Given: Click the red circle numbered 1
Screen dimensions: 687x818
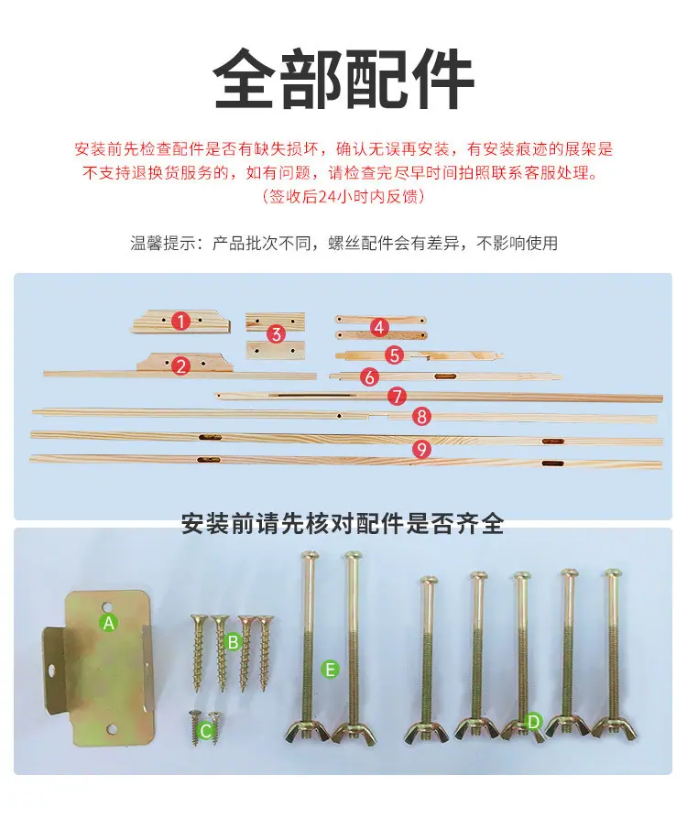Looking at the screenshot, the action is (180, 321).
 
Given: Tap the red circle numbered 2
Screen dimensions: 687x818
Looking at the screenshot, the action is (181, 365).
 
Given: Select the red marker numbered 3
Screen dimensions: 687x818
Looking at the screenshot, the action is (276, 333).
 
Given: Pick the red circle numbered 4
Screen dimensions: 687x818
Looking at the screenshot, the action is (379, 327).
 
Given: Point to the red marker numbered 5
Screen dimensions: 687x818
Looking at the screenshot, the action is (395, 355).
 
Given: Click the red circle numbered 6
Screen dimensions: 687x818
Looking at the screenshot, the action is (369, 376).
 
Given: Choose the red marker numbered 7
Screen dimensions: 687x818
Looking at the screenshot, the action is (397, 396).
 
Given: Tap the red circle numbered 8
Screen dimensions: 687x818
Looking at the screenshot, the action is (421, 416).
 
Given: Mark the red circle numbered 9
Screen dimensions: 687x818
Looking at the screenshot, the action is (421, 449).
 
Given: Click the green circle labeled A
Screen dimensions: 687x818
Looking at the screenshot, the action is (108, 622).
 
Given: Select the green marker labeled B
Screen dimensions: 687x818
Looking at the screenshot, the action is (234, 642).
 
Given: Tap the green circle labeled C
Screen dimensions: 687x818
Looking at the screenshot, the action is (205, 730).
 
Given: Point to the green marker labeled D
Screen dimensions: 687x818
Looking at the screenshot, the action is (533, 722).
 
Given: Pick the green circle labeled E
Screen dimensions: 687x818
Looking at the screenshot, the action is (330, 669).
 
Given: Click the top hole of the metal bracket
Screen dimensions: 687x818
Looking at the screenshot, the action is (107, 606).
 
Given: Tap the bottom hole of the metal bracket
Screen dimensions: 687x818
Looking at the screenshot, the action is (111, 729).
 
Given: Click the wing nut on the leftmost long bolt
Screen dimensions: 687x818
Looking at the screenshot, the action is (308, 730).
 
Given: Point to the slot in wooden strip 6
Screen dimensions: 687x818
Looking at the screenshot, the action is (445, 376).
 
